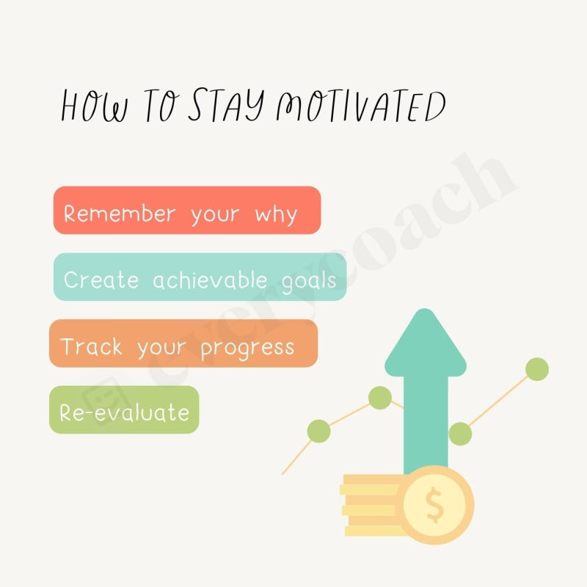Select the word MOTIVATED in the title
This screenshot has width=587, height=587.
[360, 107]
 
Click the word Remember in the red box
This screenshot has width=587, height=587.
[120, 214]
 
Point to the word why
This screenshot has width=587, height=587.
[277, 215]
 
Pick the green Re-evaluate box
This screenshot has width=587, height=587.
[124, 411]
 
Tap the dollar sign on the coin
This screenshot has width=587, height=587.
[434, 505]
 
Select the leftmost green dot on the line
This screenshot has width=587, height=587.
[318, 431]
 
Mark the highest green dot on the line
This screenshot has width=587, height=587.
[537, 369]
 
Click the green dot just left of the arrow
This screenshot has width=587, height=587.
[379, 398]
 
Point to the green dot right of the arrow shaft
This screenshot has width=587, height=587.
[460, 434]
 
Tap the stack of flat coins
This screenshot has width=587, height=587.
[371, 506]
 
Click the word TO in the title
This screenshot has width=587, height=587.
[158, 107]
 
